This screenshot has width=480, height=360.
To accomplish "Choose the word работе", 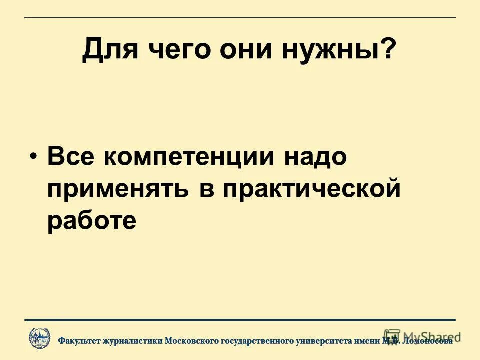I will [x=92, y=220].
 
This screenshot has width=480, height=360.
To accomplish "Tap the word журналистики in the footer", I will [x=132, y=341].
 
